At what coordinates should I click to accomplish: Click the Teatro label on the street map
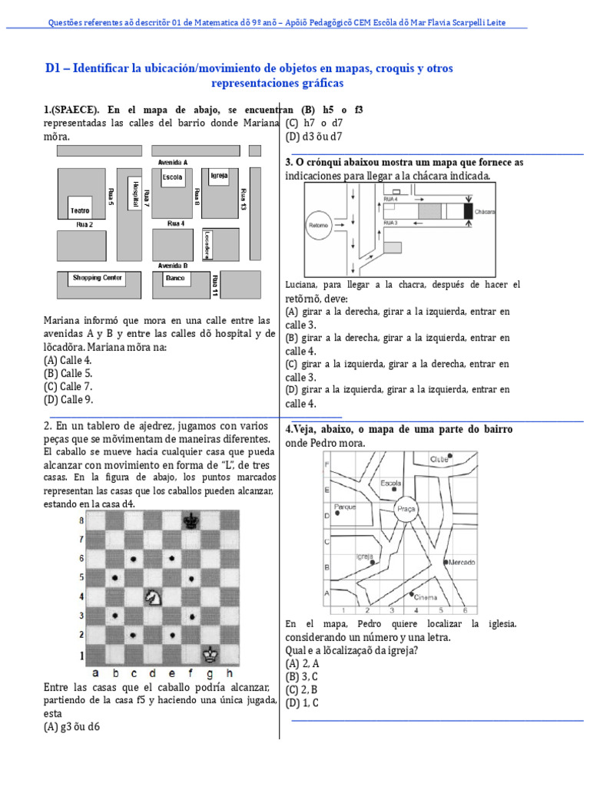click(79, 210)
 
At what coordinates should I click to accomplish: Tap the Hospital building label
click(135, 193)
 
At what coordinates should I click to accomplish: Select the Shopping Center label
click(97, 278)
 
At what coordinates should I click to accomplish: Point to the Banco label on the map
click(175, 278)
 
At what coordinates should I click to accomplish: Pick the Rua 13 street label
click(243, 199)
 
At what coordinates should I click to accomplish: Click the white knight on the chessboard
click(153, 596)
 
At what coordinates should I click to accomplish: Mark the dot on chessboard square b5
click(115, 577)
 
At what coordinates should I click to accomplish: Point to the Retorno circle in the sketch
click(318, 226)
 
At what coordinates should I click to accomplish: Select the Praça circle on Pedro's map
click(406, 508)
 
